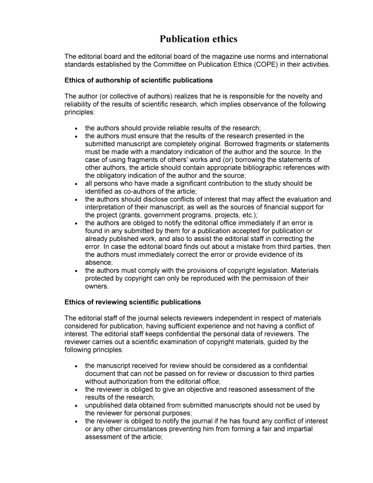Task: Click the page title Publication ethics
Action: click(198, 39)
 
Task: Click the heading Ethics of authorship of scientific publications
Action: click(138, 80)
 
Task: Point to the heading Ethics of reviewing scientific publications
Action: click(132, 302)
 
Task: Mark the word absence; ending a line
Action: click(99, 263)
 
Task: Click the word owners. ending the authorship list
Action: click(97, 287)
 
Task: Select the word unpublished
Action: click(105, 405)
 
